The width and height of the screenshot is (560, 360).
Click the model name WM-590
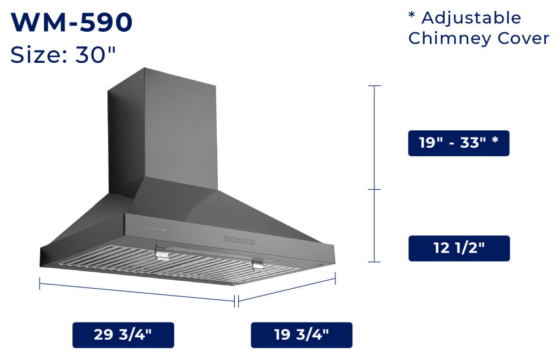[72, 22]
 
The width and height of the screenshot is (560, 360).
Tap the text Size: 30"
[63, 55]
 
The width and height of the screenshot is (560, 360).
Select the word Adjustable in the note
[471, 18]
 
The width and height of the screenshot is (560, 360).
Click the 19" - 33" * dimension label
[459, 143]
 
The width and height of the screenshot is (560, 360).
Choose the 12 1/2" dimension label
[459, 248]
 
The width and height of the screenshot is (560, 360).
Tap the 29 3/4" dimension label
[123, 335]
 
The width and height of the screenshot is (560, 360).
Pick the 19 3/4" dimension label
[301, 335]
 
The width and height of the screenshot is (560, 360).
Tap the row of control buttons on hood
[239, 241]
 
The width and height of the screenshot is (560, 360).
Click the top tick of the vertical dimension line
[374, 86]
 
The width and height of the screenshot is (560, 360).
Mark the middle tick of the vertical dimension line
[374, 190]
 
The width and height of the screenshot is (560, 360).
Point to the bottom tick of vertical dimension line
[374, 262]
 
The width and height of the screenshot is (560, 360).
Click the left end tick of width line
[40, 283]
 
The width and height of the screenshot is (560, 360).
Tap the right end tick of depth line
[335, 278]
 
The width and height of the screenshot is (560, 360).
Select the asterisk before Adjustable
[412, 15]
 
